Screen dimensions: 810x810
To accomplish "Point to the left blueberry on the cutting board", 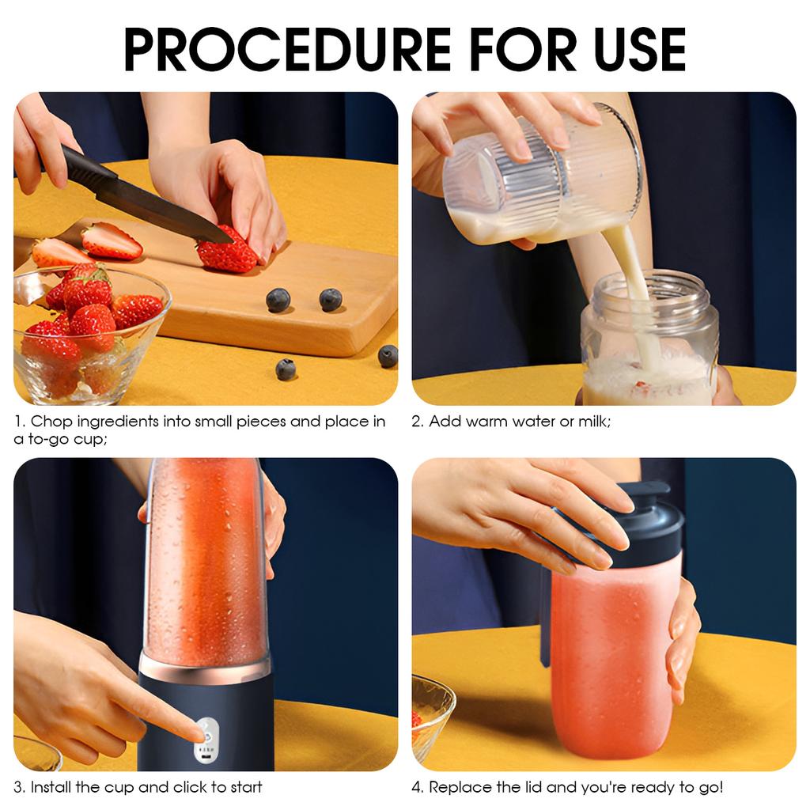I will [278, 300].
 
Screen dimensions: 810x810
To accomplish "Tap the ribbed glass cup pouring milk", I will [538, 178].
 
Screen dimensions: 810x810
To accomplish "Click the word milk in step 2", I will [592, 422].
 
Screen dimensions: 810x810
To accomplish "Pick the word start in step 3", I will [244, 787].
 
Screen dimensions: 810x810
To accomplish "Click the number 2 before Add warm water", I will [416, 422].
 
